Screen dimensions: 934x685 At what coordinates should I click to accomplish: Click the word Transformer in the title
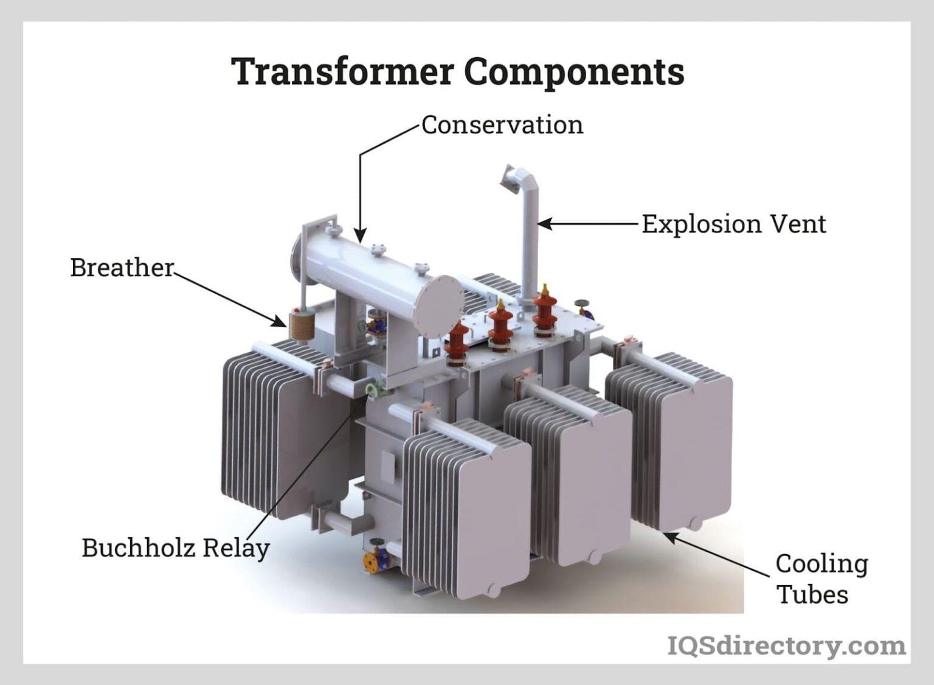coord(342,71)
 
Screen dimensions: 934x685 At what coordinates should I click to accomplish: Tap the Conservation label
coord(502,125)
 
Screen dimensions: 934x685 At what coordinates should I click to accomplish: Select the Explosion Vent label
coord(733,224)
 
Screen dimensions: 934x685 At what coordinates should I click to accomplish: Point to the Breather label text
coord(122,268)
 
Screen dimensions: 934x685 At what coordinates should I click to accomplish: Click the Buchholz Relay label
coord(176,548)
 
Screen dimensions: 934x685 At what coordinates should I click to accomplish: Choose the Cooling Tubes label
coord(822,579)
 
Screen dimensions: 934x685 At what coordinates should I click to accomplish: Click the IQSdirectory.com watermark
coord(786,646)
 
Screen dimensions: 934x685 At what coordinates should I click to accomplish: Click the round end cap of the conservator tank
coord(438,306)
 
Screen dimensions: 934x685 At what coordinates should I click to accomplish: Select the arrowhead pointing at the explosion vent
coord(545,224)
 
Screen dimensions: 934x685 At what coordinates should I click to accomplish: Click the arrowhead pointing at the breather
coord(279,321)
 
